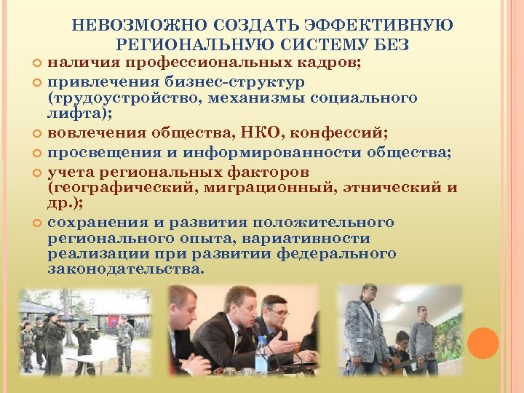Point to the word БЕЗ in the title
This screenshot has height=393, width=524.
tap(390, 45)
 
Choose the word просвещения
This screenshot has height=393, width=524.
tap(98, 152)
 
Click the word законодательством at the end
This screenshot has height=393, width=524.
tap(124, 269)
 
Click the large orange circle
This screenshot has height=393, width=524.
tap(483, 344)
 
